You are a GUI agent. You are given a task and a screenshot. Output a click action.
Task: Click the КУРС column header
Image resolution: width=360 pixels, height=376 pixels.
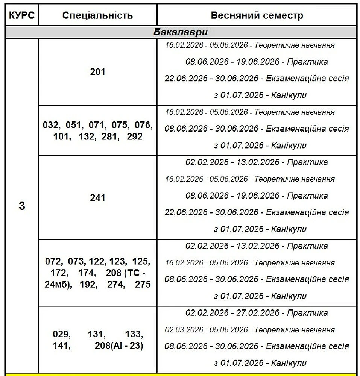tap(22, 15)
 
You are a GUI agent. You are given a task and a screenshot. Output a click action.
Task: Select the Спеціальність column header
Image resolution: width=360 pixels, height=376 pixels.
tap(97, 15)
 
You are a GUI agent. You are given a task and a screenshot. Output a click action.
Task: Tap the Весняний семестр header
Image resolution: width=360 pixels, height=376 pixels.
tap(257, 15)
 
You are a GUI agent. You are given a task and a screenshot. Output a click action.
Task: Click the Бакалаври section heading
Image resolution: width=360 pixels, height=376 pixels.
tap(181, 32)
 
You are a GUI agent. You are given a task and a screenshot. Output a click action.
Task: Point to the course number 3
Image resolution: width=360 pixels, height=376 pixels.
tap(22, 206)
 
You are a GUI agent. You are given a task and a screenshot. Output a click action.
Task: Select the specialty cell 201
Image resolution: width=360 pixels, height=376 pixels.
tap(97, 72)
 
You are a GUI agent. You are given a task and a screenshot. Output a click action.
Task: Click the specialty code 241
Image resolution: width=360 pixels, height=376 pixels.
tap(97, 197)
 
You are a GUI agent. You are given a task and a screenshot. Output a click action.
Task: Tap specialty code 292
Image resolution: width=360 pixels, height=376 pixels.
tap(135, 136)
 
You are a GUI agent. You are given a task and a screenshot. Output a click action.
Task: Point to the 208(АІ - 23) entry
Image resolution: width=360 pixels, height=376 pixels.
tap(119, 346)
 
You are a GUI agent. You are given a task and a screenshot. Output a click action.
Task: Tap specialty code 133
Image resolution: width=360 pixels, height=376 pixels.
tap(134, 334)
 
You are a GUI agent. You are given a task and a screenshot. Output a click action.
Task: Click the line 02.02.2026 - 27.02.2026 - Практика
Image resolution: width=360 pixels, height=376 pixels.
tap(257, 313)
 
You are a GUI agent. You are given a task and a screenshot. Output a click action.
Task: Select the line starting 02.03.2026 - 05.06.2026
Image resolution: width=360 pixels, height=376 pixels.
tap(250, 330)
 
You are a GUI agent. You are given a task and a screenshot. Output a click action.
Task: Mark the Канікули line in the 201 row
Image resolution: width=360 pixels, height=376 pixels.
tap(260, 95)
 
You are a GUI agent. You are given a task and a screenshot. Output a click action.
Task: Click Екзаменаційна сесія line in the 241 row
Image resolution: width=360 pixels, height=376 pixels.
tap(257, 212)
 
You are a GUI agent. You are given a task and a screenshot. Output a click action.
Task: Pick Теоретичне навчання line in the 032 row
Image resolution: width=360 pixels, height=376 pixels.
tap(250, 112)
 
